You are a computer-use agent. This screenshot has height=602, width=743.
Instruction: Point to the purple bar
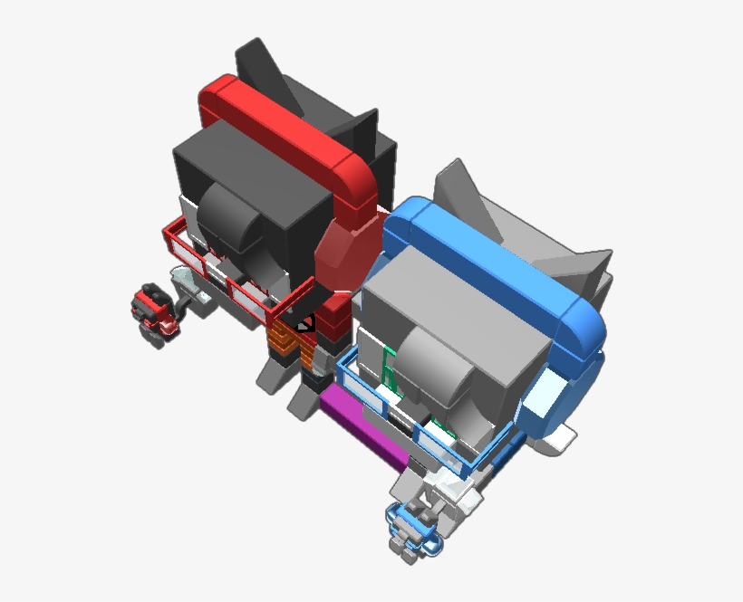(362, 430)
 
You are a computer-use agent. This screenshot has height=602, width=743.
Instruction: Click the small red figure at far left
(154, 310)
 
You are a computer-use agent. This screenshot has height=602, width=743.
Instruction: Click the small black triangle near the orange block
(305, 322)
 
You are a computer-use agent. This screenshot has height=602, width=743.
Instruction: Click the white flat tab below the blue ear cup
(557, 440)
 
